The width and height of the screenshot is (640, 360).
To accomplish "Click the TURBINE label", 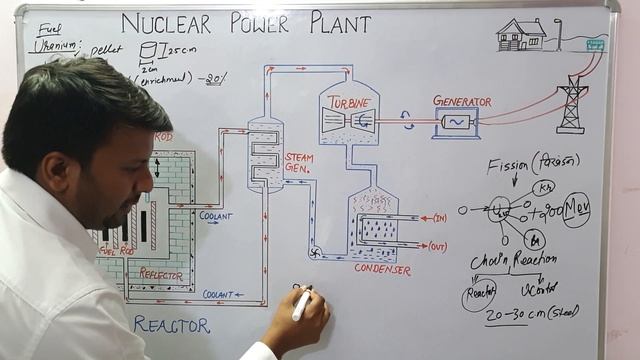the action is coord(349,103).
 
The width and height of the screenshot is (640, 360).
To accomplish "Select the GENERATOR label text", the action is coord(462,101).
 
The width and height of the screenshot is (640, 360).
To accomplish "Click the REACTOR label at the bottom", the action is coord(171,325).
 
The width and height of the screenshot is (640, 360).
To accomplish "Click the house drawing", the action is coord(522,35).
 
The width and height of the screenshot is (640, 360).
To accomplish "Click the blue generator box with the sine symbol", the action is coord(457,122).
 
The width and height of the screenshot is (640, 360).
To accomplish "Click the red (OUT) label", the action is coord(437,246).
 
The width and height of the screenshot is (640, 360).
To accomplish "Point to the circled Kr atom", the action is coord(544,188).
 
